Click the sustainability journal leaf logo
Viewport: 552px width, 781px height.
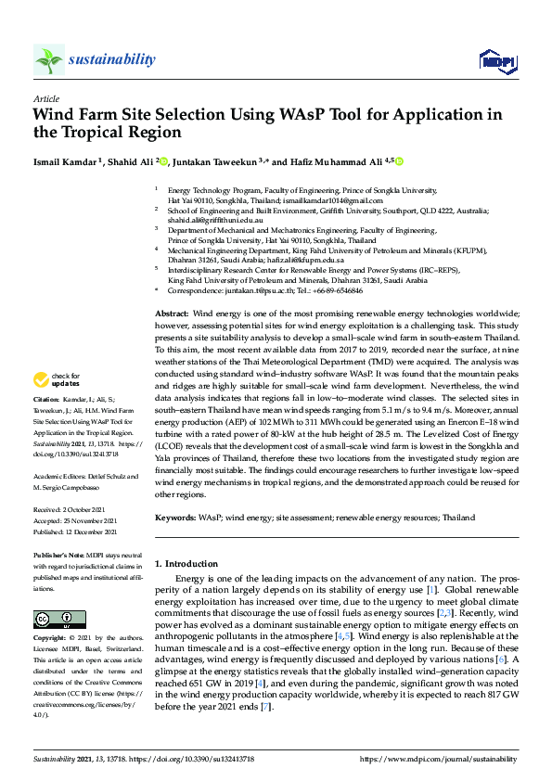pyautogui.click(x=48, y=59)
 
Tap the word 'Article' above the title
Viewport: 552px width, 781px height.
pyautogui.click(x=45, y=97)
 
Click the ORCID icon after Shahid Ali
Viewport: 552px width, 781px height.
pyautogui.click(x=163, y=161)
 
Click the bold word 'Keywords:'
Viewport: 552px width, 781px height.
pyautogui.click(x=174, y=517)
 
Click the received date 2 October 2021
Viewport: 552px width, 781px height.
pyautogui.click(x=90, y=509)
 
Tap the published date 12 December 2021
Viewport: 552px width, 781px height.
pyautogui.click(x=92, y=532)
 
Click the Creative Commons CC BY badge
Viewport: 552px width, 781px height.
pyautogui.click(x=53, y=619)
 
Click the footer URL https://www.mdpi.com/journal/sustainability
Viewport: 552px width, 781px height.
pyautogui.click(x=438, y=758)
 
